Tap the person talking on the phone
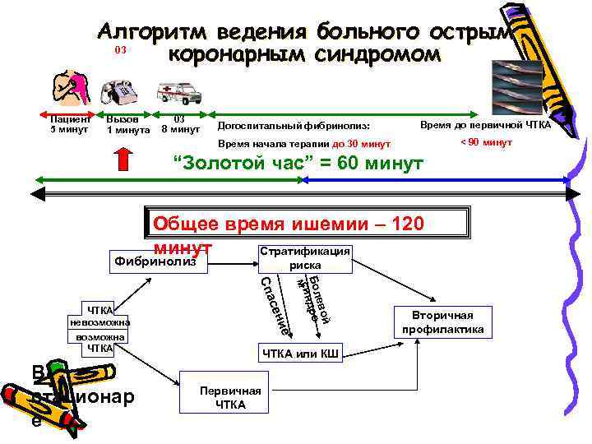[x=69, y=88]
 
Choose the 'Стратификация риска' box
[x=304, y=258]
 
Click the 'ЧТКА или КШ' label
[x=302, y=354]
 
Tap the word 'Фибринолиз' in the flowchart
[x=156, y=262]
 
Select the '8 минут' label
[x=180, y=129]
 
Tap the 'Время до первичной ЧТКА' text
[x=485, y=124]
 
